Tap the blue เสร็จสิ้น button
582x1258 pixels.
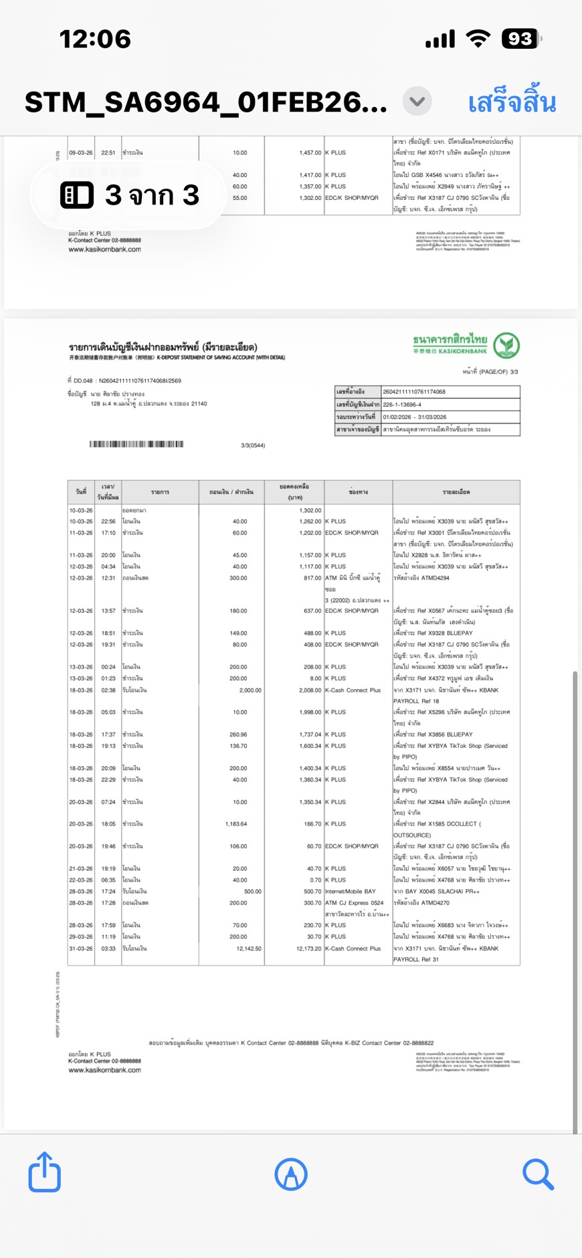pos(512,103)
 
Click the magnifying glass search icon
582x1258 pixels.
pos(538,1174)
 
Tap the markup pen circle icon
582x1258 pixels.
pos(291,1174)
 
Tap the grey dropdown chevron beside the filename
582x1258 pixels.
pos(417,102)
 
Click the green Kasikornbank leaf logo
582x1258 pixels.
pos(506,346)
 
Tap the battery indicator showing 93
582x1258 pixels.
pos(521,39)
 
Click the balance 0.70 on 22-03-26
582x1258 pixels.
pos(315,880)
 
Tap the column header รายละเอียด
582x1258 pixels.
pos(456,492)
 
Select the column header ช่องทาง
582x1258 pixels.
pos(358,492)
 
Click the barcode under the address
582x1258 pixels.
pos(136,444)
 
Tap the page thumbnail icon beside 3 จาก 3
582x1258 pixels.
pos(76,195)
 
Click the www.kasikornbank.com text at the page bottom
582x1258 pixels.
pos(104,1070)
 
